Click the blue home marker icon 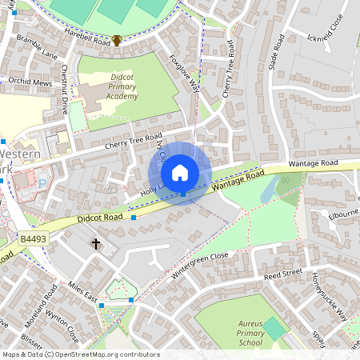pos(180,173)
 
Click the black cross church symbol pos(96,243)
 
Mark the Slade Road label pos(277,51)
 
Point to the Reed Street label pos(282,274)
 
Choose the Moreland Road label pos(44,303)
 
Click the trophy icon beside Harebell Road pos(117,39)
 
